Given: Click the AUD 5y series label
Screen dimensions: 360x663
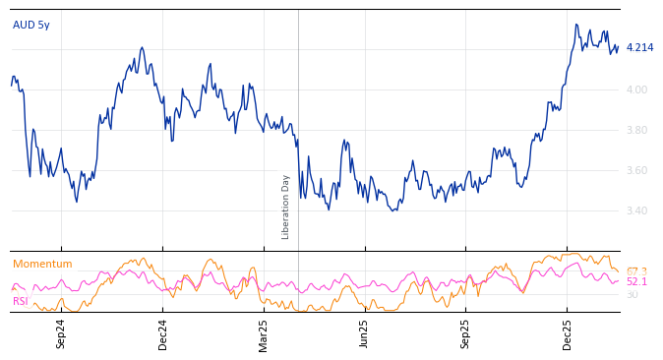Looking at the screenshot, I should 31,25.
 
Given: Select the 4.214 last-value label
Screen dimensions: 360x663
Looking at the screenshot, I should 639,47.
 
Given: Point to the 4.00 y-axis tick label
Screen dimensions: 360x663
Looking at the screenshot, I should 638,90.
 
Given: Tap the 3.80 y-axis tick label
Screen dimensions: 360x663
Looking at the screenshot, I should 638,130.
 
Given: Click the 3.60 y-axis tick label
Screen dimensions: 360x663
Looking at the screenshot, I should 638,170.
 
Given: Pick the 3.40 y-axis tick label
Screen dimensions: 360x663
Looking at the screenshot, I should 638,210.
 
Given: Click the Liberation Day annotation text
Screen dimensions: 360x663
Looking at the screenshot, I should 286,207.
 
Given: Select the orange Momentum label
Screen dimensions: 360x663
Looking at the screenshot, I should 42,264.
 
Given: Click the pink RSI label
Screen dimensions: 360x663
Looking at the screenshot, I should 21,301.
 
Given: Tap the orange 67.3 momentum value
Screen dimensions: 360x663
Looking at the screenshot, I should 636,271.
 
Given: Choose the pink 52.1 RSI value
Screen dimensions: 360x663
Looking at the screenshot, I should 636,282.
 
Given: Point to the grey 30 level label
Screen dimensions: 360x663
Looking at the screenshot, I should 632,294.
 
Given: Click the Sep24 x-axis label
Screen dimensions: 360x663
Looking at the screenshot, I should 61,333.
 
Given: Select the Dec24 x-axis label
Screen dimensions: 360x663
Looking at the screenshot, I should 163,333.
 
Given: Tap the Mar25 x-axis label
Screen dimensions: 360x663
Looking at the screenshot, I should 264,333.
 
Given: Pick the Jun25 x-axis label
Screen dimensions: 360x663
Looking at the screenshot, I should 364,333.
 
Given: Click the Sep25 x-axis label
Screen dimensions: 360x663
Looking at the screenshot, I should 465,333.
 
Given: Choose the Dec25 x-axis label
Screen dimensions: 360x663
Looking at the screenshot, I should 567,333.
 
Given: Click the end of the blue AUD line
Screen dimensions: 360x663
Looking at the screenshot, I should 618,47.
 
